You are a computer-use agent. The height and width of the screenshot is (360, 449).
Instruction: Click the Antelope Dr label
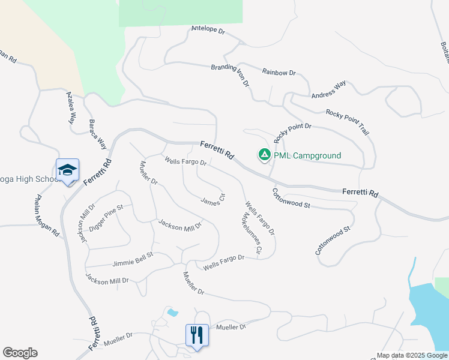click(207, 29)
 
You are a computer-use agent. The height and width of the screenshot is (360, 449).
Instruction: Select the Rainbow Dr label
click(279, 73)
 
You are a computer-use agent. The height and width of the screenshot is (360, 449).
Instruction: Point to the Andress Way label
click(328, 90)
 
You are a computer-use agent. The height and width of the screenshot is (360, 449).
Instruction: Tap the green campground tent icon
click(264, 155)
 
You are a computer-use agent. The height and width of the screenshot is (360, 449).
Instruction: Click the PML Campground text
click(307, 156)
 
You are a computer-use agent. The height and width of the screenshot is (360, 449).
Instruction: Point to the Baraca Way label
click(98, 132)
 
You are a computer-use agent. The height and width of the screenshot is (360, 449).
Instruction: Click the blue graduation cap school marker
click(67, 170)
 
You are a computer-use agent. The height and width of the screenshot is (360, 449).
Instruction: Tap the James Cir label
click(213, 199)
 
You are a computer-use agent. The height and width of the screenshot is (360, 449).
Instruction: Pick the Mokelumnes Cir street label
click(252, 233)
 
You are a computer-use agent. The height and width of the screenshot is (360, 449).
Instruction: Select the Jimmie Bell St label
click(133, 259)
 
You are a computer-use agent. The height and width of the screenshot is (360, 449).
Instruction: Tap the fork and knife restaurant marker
click(197, 334)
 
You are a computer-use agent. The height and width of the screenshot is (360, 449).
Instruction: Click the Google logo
click(20, 353)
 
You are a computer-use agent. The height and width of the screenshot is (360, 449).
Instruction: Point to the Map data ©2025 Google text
click(412, 355)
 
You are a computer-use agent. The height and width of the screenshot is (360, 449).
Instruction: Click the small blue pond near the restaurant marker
click(173, 313)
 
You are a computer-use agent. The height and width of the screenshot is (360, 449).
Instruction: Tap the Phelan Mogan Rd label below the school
click(49, 215)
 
